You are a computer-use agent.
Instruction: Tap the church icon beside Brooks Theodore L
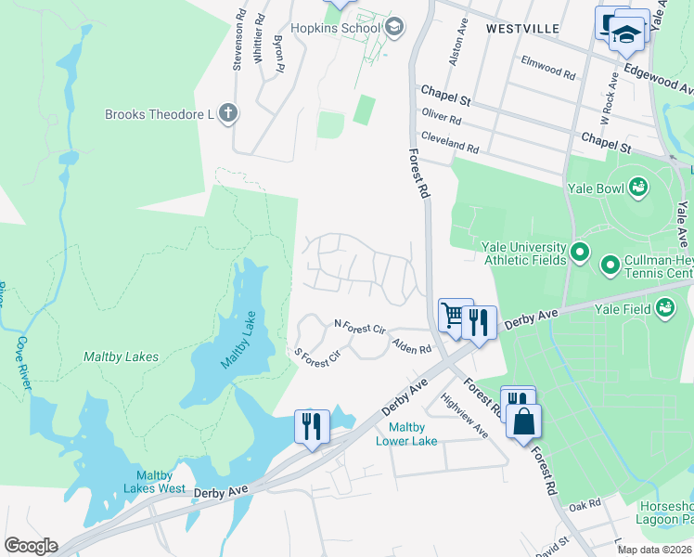point(228,114)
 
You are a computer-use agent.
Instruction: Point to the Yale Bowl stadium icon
point(637,188)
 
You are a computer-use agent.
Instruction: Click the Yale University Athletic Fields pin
point(581,253)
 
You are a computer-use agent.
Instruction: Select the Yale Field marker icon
point(665,310)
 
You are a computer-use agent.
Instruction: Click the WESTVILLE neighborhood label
point(522,29)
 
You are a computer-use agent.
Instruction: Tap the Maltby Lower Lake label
point(406,434)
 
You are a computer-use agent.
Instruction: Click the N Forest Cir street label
point(359,328)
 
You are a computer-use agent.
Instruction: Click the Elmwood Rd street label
point(555,69)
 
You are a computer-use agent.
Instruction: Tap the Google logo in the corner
point(31,546)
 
